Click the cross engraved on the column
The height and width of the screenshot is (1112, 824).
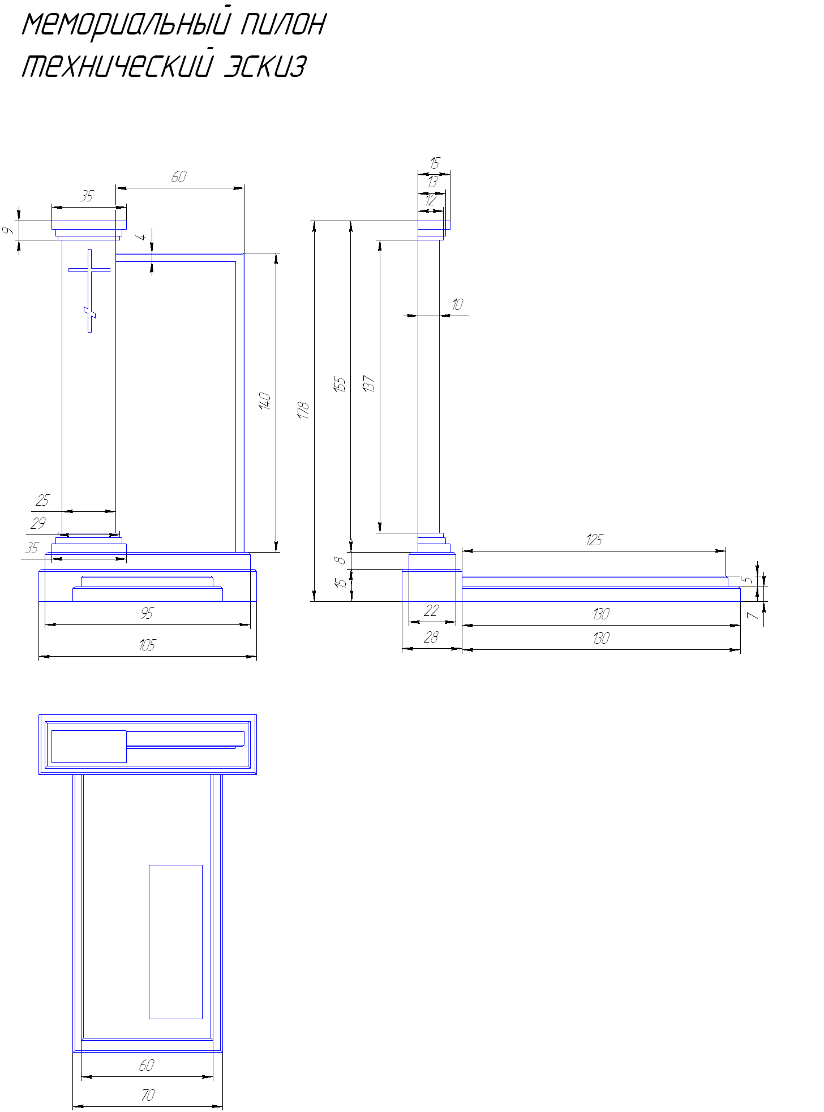89,291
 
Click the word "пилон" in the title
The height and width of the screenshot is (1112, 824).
283,24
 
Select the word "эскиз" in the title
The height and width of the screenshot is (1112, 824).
265,66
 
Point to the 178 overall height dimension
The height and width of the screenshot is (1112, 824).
304,410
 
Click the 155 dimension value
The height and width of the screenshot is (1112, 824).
340,385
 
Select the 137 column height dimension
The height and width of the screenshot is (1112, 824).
369,384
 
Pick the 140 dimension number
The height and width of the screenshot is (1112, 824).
265,401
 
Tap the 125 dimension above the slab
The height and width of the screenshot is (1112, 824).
594,540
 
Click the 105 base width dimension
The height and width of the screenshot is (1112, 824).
147,645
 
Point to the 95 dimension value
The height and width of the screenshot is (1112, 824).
147,613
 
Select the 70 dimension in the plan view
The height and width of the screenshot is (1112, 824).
148,1096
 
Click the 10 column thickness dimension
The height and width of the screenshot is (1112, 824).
457,305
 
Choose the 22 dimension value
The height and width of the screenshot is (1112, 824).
431,610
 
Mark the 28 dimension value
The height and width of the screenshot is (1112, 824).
431,637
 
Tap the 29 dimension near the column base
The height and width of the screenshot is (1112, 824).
38,523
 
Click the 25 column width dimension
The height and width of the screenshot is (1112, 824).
42,501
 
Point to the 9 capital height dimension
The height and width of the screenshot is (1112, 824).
8,231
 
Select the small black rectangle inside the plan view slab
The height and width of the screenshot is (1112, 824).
175,942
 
